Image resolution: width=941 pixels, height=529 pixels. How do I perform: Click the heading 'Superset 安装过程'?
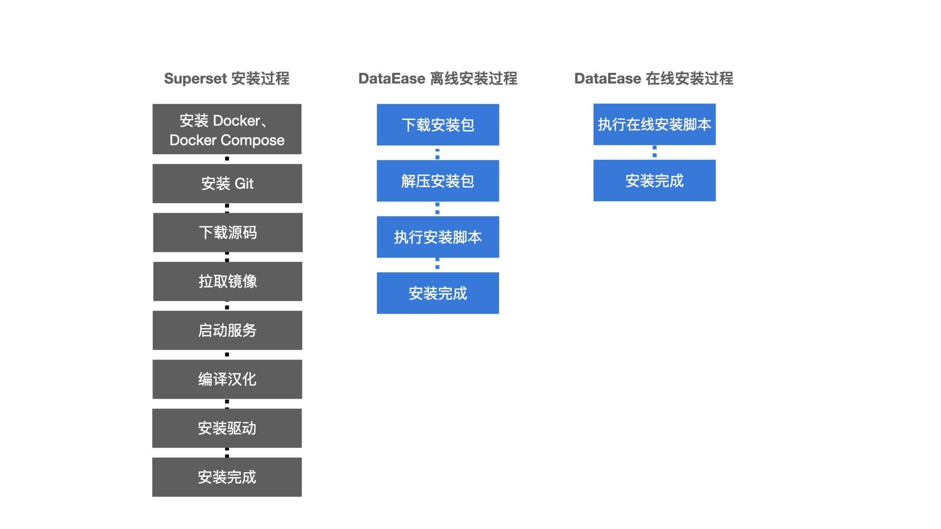pyautogui.click(x=226, y=78)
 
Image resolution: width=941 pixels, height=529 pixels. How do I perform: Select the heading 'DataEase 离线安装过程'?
pyautogui.click(x=438, y=78)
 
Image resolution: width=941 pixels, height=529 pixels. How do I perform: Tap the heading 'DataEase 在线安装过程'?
pyautogui.click(x=654, y=78)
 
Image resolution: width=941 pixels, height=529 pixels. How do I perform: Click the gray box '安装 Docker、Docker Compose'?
pyautogui.click(x=227, y=129)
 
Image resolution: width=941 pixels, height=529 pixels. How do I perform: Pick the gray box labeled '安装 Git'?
pyautogui.click(x=227, y=183)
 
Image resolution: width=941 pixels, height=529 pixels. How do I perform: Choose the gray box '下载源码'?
pyautogui.click(x=227, y=232)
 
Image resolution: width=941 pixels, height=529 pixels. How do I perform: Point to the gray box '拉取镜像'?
pyautogui.click(x=227, y=281)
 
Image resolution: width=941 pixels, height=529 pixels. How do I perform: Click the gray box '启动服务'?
pyautogui.click(x=227, y=330)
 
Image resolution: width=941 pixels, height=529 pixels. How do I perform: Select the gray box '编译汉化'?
pyautogui.click(x=227, y=379)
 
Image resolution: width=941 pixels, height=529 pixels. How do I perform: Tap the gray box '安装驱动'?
pyautogui.click(x=227, y=428)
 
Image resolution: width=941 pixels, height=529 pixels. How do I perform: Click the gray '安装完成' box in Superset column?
pyautogui.click(x=227, y=477)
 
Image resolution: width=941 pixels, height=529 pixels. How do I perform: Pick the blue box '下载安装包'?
pyautogui.click(x=438, y=125)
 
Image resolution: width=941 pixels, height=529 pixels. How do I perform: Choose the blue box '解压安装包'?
pyautogui.click(x=438, y=181)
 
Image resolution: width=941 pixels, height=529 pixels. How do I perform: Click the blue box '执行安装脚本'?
pyautogui.click(x=438, y=237)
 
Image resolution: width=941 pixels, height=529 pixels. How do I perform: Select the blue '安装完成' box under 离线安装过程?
pyautogui.click(x=438, y=293)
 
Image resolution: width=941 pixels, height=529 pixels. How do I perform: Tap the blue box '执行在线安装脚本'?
pyautogui.click(x=654, y=124)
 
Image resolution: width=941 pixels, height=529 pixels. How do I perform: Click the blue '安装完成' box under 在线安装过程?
pyautogui.click(x=654, y=180)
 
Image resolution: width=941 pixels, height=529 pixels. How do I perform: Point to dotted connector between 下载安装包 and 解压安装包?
pyautogui.click(x=438, y=153)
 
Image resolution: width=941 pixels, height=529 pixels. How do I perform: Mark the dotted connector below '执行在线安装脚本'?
pyautogui.click(x=654, y=152)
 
